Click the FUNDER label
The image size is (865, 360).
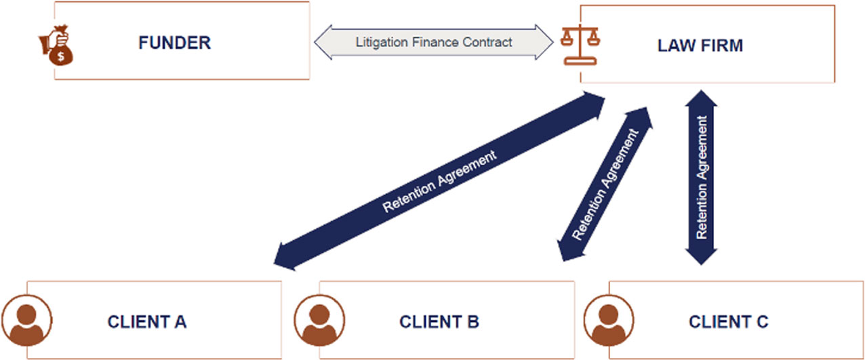click(174, 43)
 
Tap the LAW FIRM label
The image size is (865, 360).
click(700, 45)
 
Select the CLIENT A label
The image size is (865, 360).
click(146, 321)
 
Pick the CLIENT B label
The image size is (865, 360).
click(439, 321)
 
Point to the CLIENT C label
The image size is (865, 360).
click(728, 321)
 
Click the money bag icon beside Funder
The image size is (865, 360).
click(56, 45)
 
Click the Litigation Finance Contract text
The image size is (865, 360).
click(434, 42)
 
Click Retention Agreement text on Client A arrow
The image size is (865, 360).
click(439, 181)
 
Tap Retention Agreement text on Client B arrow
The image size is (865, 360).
click(605, 185)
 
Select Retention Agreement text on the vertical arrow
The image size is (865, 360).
click(702, 177)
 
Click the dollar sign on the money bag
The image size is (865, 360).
click(62, 56)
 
